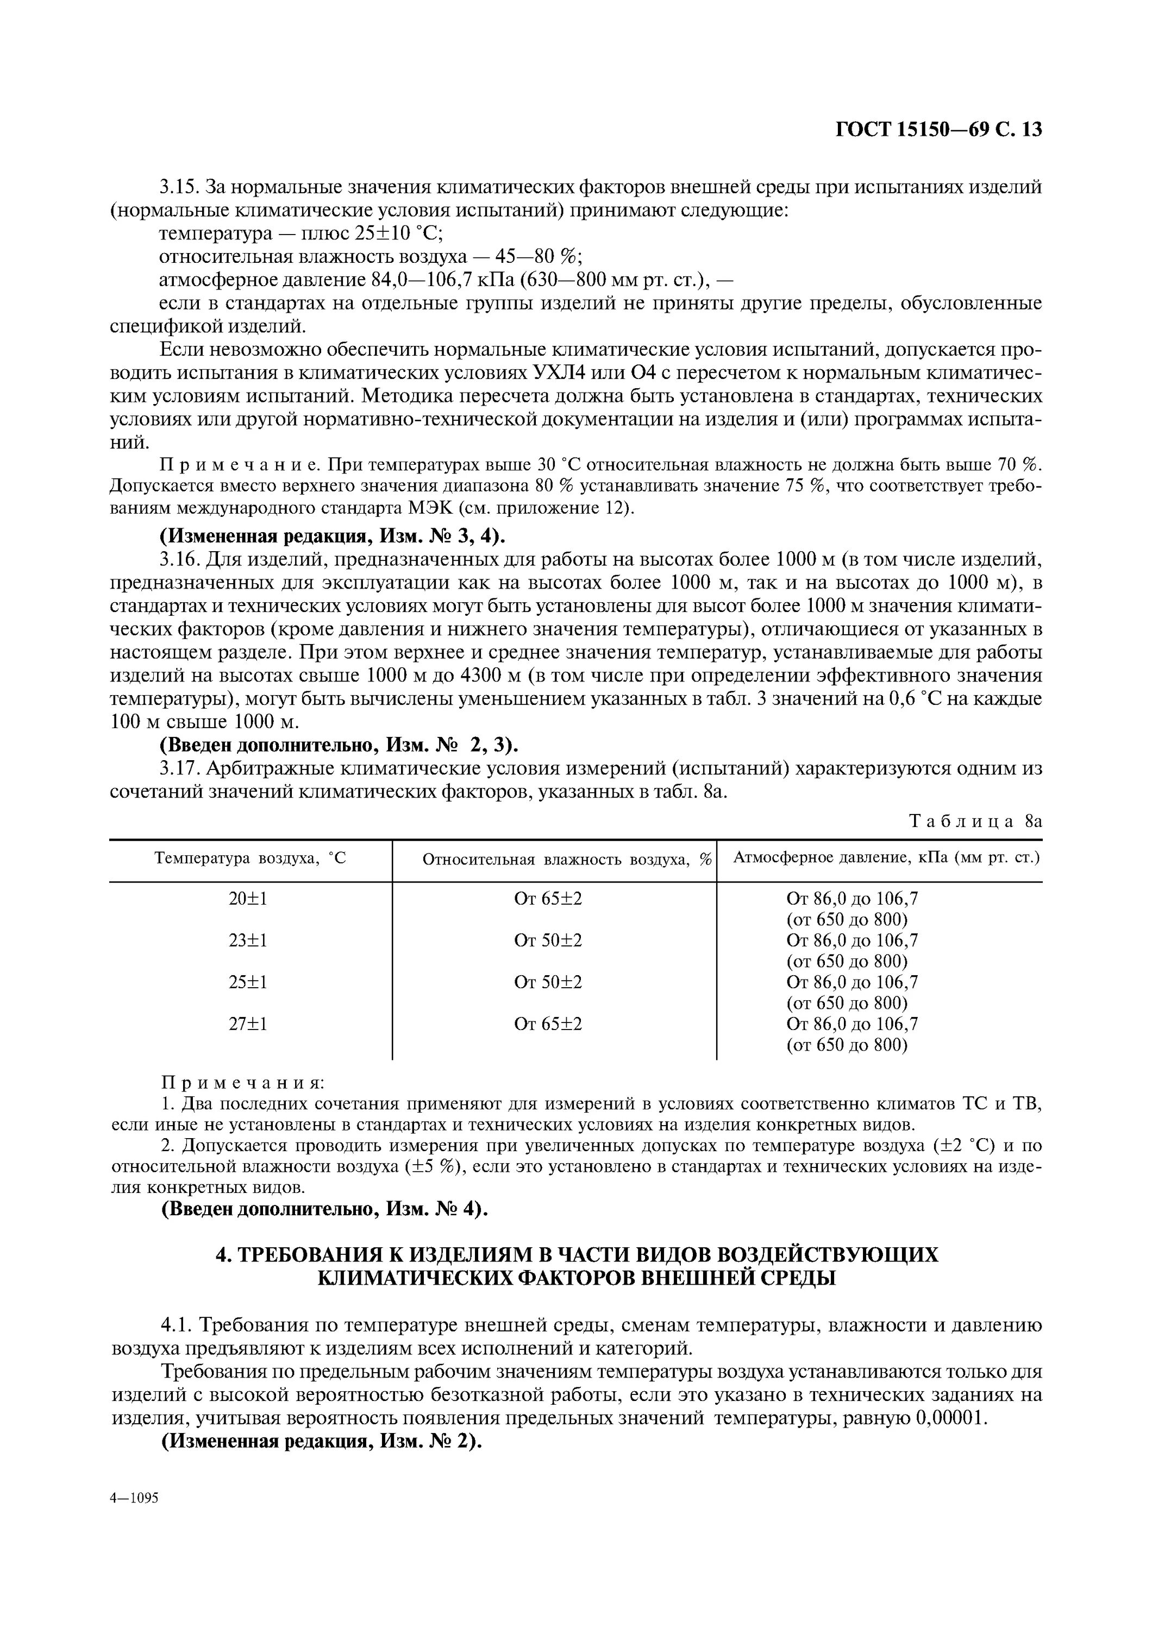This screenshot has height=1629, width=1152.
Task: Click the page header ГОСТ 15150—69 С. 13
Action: pos(938,129)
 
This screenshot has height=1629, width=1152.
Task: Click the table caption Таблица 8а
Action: pos(974,821)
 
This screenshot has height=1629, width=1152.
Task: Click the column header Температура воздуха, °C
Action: pos(250,858)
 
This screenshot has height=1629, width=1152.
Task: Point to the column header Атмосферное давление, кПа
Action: pos(885,858)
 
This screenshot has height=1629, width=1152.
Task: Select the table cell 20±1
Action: pos(248,898)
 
